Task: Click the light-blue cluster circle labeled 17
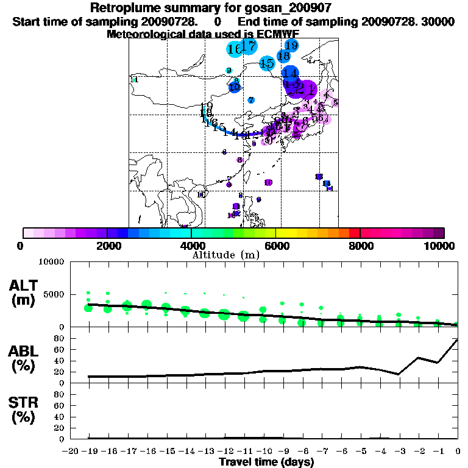(x=247, y=46)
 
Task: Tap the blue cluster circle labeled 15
(x=267, y=63)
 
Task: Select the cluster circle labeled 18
(x=283, y=55)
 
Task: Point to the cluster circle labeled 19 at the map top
(x=291, y=45)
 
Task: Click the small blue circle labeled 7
(x=251, y=99)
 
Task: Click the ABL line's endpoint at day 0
(x=458, y=339)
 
